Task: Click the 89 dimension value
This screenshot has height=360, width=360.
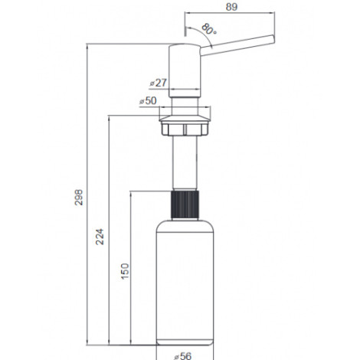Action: [x=231, y=7]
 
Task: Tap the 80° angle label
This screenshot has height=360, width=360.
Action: [x=209, y=29]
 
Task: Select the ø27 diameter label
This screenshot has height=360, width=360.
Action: [x=159, y=83]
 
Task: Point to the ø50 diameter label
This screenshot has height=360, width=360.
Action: [x=148, y=100]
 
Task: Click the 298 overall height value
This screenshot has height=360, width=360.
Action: [x=79, y=197]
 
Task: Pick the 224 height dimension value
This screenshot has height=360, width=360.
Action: [x=100, y=237]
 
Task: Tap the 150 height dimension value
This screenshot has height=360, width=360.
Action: [x=125, y=271]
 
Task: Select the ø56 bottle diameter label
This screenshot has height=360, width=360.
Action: [x=183, y=356]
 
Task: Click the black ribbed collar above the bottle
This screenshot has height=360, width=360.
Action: [x=185, y=205]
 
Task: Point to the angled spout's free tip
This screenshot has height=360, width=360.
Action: [x=273, y=39]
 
